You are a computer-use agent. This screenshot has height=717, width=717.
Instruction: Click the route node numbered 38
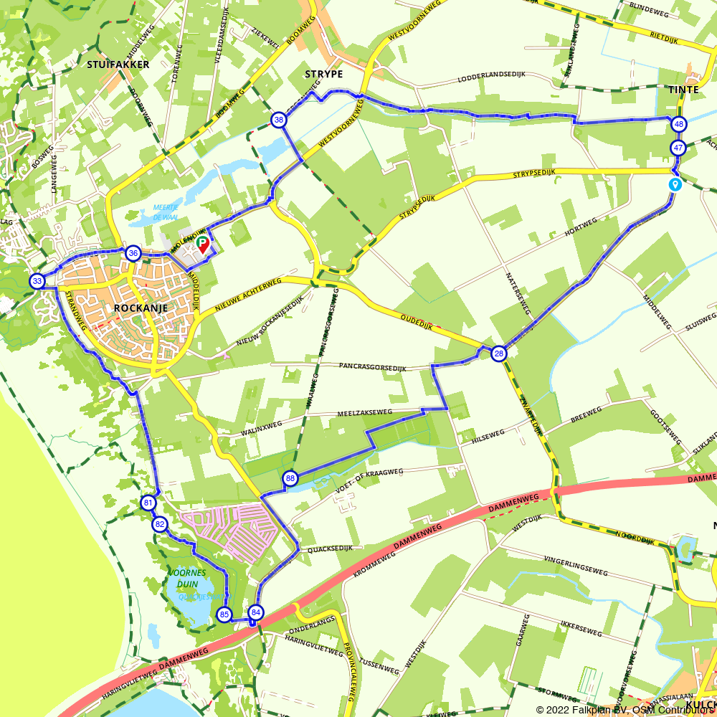[x=279, y=120]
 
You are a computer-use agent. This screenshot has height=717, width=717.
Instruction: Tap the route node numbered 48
[x=678, y=124]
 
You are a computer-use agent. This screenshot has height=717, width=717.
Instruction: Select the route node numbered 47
[x=678, y=148]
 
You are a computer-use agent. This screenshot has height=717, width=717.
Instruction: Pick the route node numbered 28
[x=499, y=353]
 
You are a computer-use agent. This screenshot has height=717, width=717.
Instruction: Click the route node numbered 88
[x=290, y=478]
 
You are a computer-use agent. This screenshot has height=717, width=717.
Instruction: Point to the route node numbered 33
[x=37, y=281]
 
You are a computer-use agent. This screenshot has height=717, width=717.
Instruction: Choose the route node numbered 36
[x=133, y=253]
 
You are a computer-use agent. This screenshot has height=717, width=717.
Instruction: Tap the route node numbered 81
[x=148, y=503]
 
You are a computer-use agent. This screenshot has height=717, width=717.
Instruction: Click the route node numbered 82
[x=160, y=525]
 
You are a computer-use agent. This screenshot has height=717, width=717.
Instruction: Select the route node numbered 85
[x=224, y=614]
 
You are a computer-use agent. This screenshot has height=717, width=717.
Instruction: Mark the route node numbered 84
[x=256, y=613]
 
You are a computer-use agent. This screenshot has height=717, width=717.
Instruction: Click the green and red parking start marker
[x=202, y=244]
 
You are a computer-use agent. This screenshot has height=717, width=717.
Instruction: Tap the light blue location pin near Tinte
[x=675, y=184]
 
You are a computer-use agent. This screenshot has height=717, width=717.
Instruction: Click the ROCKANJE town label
[x=141, y=308]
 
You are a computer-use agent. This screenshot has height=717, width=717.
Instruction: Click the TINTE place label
[x=683, y=90]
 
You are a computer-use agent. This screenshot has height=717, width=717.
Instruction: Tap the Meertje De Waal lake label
[x=165, y=211]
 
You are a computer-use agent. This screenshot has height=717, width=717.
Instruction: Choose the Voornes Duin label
[x=187, y=579]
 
